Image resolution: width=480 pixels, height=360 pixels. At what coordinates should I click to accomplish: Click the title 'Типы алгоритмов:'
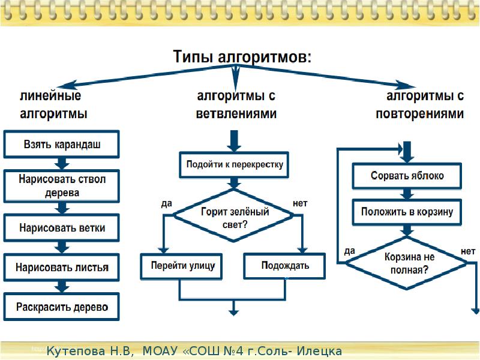click(242, 58)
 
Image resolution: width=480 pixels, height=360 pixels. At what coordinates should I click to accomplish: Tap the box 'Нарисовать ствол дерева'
click(62, 186)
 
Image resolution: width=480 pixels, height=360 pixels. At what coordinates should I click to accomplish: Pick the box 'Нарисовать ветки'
click(62, 227)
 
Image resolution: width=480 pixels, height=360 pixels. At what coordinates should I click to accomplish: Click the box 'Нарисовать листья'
click(62, 267)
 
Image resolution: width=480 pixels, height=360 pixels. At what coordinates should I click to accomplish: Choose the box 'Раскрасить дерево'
click(62, 307)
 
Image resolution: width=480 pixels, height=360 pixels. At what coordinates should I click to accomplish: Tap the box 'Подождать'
click(285, 265)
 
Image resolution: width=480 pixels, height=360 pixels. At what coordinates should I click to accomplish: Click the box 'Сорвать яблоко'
click(407, 176)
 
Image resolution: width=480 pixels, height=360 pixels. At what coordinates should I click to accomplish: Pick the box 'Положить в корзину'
click(407, 212)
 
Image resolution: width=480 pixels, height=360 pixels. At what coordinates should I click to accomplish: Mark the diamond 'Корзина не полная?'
click(407, 263)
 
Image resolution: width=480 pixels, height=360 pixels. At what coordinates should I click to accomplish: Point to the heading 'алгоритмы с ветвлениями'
click(236, 104)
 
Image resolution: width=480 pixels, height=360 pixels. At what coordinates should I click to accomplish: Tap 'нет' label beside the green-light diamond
click(300, 203)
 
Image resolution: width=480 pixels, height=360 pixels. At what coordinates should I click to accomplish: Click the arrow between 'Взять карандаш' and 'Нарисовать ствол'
click(61, 163)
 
